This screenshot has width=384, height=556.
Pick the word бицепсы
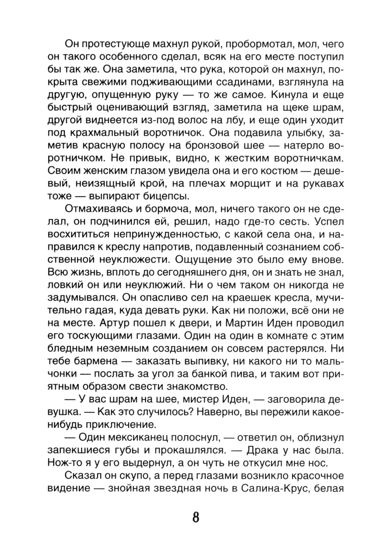coord(162,196)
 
